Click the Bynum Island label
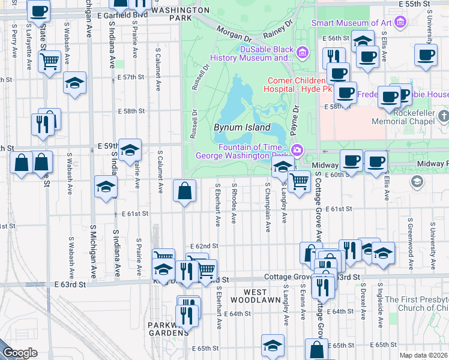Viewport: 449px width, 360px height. [x=241, y=128]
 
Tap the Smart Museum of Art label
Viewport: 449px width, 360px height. [x=351, y=23]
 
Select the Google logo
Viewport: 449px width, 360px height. [x=20, y=353]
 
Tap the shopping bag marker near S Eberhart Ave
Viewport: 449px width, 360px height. [x=184, y=192]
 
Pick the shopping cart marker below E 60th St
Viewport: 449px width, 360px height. [x=298, y=181]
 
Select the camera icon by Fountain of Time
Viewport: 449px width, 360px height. [x=295, y=149]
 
